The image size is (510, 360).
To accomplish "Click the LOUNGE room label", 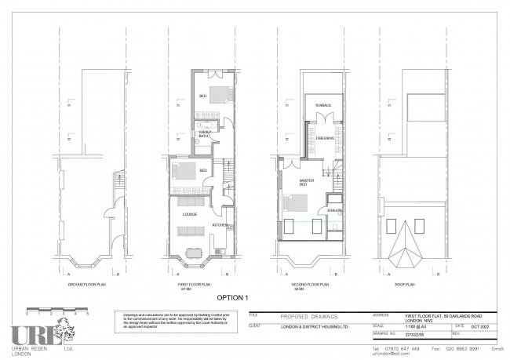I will click(189, 213).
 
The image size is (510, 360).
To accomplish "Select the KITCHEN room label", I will click(220, 225).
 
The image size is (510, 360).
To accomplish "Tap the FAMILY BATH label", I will click(204, 135).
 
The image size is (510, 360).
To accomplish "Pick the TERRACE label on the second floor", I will click(323, 105).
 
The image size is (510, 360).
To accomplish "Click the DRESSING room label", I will click(325, 138).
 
